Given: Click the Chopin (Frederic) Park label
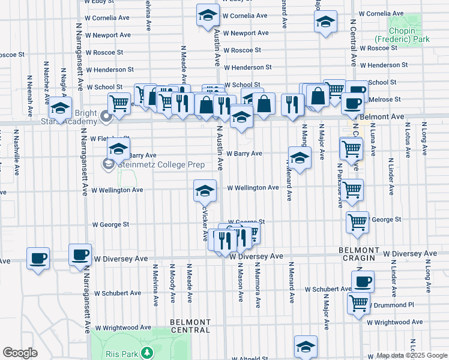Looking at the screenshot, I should click(x=408, y=35).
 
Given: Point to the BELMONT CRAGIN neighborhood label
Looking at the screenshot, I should click(x=359, y=254).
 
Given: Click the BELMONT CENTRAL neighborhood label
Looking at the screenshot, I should click(x=190, y=326).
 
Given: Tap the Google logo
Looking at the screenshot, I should click(x=20, y=353).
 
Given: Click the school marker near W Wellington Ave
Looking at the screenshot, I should click(x=205, y=191).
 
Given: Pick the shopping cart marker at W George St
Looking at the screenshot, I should click(x=357, y=222).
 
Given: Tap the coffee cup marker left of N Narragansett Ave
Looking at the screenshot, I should click(x=38, y=258).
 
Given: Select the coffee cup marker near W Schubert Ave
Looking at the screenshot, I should click(x=363, y=281).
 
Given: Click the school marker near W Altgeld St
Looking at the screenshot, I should click(x=306, y=346).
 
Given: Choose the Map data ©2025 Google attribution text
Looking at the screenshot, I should click(x=411, y=355).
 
